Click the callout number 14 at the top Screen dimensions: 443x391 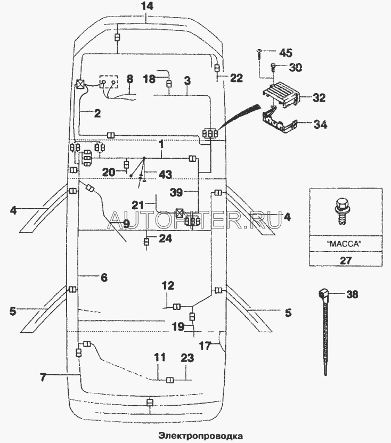pyautogui.click(x=147, y=6)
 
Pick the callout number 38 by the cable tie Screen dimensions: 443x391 pyautogui.click(x=352, y=293)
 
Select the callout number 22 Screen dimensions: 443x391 pyautogui.click(x=236, y=78)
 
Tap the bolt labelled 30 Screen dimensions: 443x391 pyautogui.click(x=273, y=67)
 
